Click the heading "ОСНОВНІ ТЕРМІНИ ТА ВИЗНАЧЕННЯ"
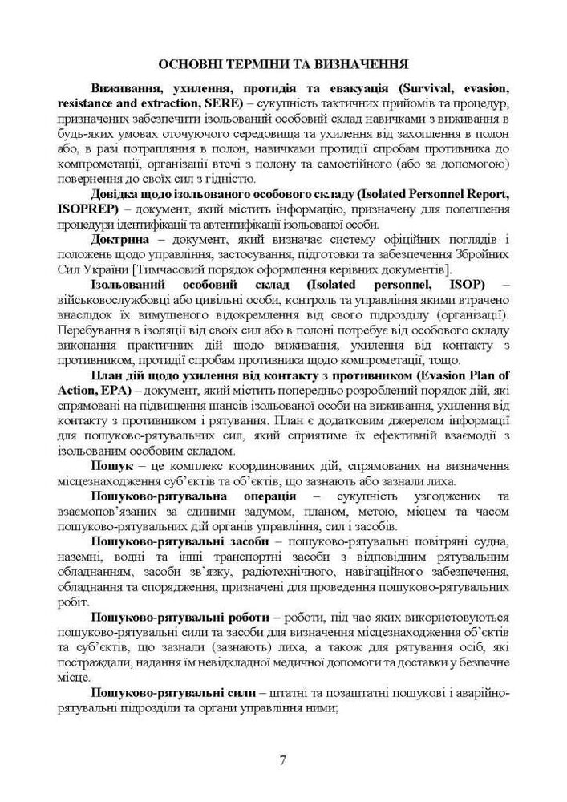(283, 63)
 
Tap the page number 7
(282, 760)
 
